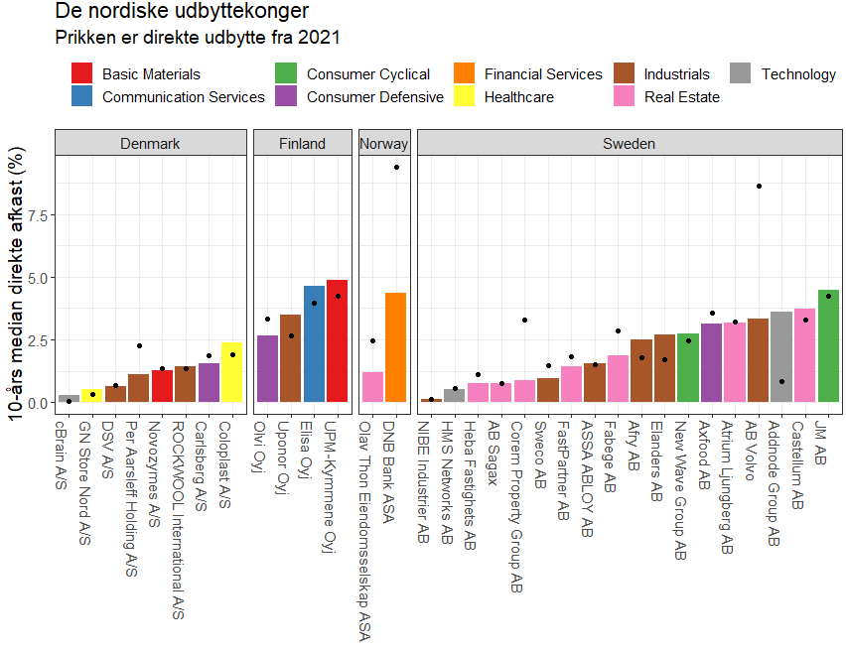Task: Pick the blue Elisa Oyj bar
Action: click(x=314, y=343)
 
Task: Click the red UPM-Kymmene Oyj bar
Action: click(x=337, y=340)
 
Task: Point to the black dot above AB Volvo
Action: click(x=759, y=186)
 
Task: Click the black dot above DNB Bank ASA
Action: click(x=396, y=167)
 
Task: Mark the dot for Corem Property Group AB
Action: click(x=524, y=320)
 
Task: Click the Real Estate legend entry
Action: click(x=681, y=97)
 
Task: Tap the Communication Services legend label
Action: click(x=183, y=97)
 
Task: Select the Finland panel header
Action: click(x=302, y=144)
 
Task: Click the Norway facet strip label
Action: click(x=383, y=144)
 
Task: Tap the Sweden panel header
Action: click(x=629, y=144)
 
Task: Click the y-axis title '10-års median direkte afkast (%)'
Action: click(x=16, y=288)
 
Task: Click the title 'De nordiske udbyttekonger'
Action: click(x=182, y=12)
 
